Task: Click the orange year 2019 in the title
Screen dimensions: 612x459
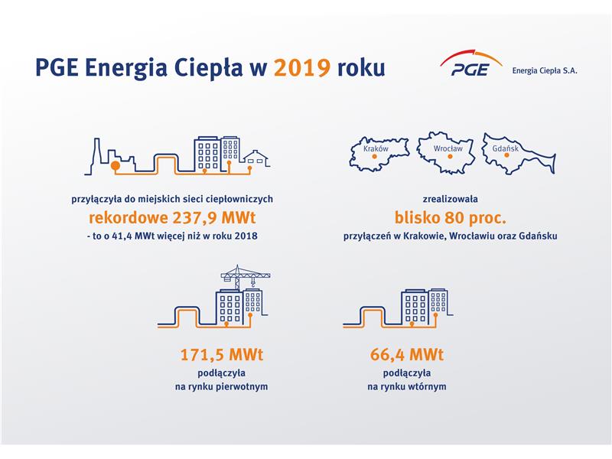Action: tap(302, 67)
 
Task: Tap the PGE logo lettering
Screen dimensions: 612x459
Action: tap(470, 70)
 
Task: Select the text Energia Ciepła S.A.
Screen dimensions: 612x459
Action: tap(545, 70)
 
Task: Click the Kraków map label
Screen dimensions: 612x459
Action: tap(376, 148)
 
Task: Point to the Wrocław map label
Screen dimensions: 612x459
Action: tap(448, 148)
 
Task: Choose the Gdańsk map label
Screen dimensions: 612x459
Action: tap(506, 148)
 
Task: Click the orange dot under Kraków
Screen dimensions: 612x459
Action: tap(375, 157)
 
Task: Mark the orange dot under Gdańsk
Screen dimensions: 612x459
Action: tap(506, 155)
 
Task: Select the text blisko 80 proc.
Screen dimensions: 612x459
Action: tap(450, 218)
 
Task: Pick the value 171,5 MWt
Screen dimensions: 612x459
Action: tap(222, 355)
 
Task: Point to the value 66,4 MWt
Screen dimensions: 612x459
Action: tap(407, 355)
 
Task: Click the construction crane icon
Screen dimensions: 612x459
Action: tap(245, 277)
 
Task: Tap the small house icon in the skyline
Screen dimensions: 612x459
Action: tap(256, 158)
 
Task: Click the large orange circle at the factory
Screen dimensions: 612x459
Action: tap(116, 165)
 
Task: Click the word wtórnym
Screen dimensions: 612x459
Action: tap(428, 387)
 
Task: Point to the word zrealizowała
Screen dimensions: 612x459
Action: tap(450, 199)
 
